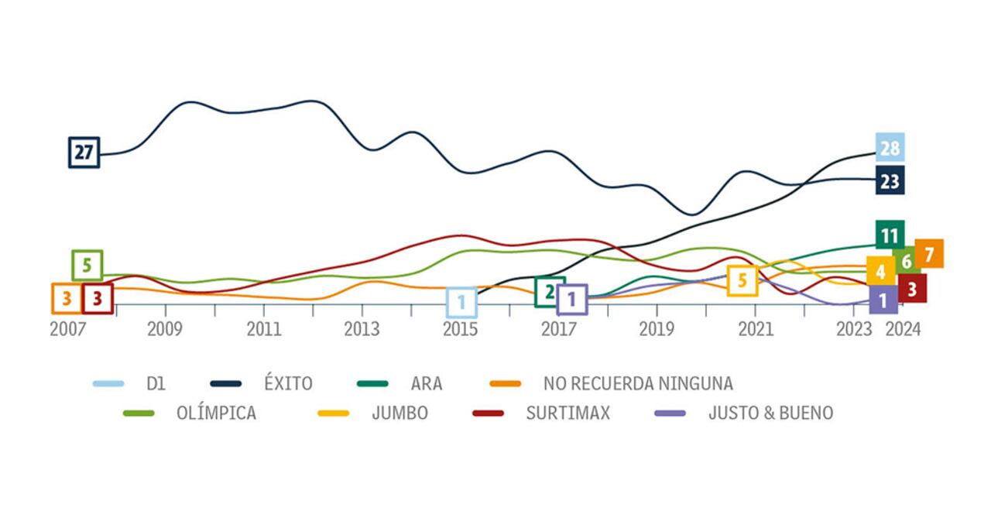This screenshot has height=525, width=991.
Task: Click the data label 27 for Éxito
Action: (x=84, y=153)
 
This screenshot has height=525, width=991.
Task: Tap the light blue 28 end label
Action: (x=890, y=148)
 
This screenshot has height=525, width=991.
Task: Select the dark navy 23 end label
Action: (x=890, y=181)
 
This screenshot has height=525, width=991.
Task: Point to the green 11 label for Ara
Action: (x=890, y=235)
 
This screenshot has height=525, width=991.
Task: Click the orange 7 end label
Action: (x=929, y=253)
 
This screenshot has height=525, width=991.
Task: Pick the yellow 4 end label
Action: (x=880, y=272)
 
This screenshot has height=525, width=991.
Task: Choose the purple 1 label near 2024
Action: (x=883, y=299)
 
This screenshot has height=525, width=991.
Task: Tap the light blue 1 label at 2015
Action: (x=461, y=301)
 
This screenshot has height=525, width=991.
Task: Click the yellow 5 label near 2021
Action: (x=742, y=280)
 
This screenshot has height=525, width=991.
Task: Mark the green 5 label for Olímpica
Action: (x=87, y=266)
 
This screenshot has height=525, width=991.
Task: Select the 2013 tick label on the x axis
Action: (x=362, y=329)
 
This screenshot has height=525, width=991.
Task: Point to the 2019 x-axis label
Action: (x=657, y=329)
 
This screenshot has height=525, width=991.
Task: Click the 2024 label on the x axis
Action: (x=903, y=329)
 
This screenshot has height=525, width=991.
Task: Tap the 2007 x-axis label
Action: (x=67, y=329)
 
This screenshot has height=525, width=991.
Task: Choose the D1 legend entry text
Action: (x=156, y=383)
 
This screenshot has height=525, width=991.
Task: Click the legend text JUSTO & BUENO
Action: (x=770, y=413)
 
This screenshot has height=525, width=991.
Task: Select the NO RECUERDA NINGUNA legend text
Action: (x=638, y=383)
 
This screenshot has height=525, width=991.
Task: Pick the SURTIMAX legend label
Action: (x=568, y=413)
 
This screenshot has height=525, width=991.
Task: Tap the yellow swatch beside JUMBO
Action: (x=334, y=413)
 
